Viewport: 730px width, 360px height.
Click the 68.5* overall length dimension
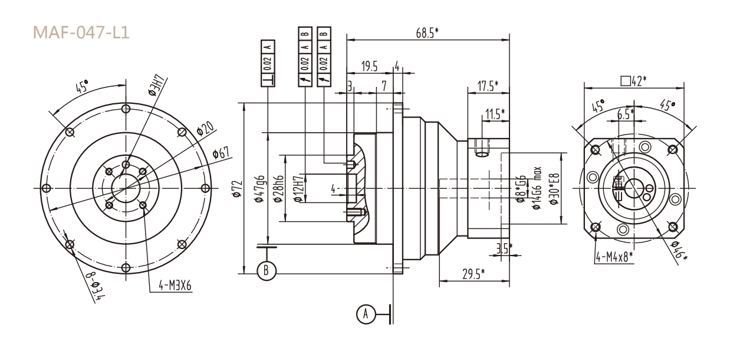pos(427,34)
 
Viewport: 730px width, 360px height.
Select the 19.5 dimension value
pos(370,67)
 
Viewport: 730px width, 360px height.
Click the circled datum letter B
pos(267,270)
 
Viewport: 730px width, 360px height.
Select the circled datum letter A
pos(367,314)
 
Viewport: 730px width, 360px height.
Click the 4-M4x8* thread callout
pos(613,256)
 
